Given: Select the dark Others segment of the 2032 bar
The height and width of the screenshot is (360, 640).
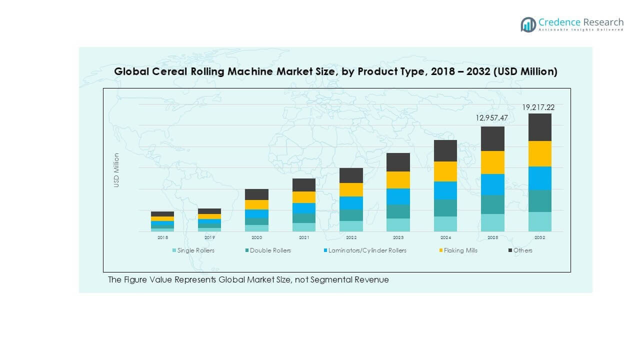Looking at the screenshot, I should point(539,127).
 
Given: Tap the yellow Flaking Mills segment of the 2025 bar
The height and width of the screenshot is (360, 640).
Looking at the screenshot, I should point(492,162).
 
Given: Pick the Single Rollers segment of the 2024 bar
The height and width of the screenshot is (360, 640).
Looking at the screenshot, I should point(445,224).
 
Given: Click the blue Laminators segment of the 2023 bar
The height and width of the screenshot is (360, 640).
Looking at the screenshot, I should point(398,196).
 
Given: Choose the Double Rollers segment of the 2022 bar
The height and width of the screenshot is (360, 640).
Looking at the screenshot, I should point(351,215).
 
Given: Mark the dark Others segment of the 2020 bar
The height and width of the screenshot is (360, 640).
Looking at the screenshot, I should point(256,194).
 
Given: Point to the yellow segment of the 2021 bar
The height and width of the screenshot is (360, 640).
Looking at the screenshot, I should point(304,197).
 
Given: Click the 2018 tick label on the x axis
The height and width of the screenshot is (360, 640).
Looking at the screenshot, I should point(162,238).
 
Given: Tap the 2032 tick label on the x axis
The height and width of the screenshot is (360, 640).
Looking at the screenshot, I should point(539,238).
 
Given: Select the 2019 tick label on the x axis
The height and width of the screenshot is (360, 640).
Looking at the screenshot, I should point(209,238).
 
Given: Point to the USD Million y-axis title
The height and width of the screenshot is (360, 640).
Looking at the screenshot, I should point(116,170).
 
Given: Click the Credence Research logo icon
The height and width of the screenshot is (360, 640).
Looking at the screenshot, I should point(528,24).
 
